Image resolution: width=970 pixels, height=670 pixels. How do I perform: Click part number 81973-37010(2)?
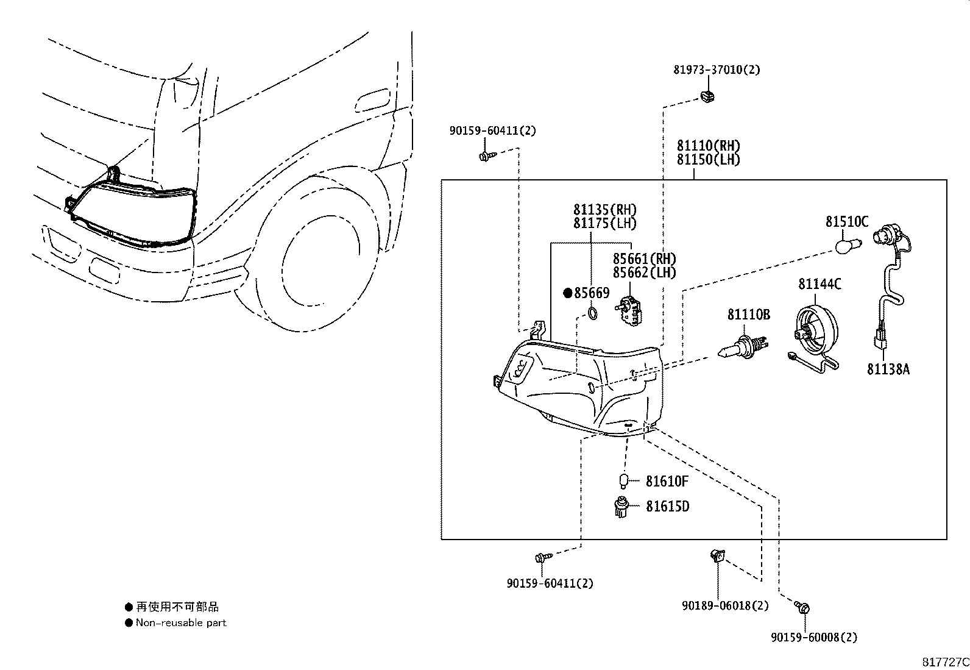tap(717, 69)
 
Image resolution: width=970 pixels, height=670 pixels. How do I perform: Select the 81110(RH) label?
tap(708, 146)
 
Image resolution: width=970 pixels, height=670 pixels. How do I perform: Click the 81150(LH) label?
tap(708, 160)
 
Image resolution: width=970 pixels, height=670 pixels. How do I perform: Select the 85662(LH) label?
tap(644, 273)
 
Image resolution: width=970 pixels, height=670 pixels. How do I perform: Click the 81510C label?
tap(847, 222)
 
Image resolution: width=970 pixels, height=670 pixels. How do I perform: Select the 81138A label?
tap(888, 369)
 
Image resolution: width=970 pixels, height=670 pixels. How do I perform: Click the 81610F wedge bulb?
tap(623, 482)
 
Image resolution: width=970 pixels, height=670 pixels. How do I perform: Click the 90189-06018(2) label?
tap(725, 605)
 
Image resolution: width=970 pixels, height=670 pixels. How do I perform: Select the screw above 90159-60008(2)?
tap(802, 607)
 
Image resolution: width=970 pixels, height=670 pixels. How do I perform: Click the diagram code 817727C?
tap(945, 661)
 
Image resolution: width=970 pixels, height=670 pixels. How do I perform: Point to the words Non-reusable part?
tap(181, 622)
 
